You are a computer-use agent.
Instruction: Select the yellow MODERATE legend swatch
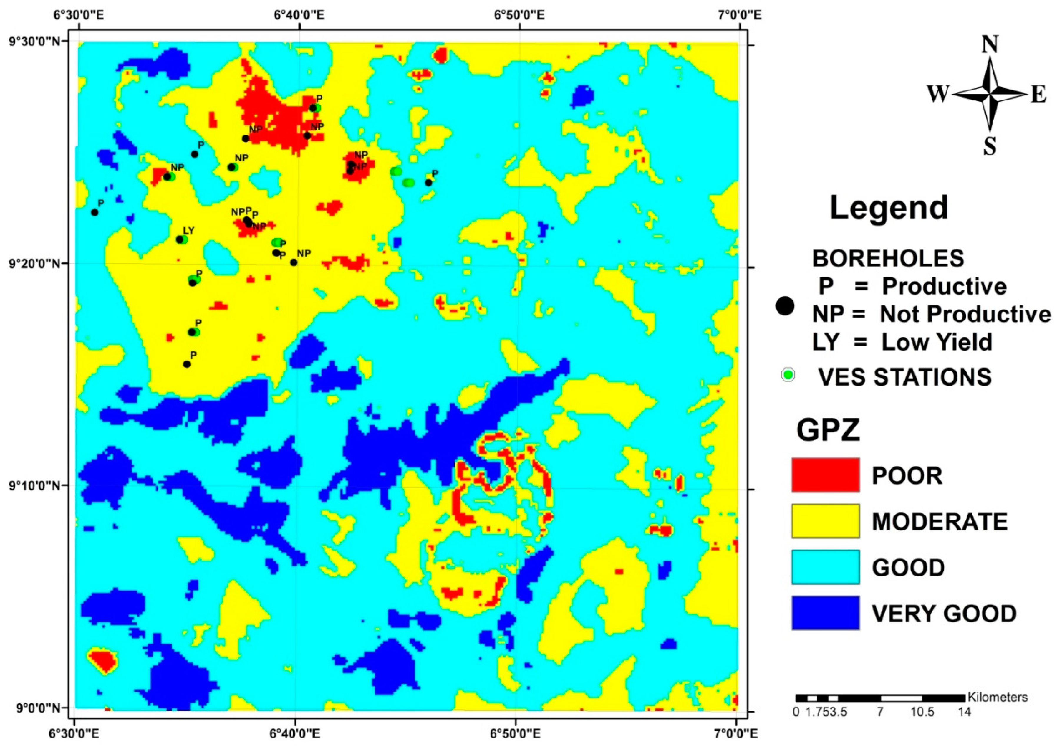pyautogui.click(x=825, y=521)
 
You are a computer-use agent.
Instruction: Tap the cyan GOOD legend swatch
pyautogui.click(x=825, y=567)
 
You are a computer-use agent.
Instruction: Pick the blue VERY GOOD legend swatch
pyautogui.click(x=825, y=613)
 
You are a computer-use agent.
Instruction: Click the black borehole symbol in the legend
pyautogui.click(x=785, y=306)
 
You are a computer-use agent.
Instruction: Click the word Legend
pyautogui.click(x=889, y=207)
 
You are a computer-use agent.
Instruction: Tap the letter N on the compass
pyautogui.click(x=990, y=45)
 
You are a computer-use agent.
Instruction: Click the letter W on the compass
pyautogui.click(x=937, y=95)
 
